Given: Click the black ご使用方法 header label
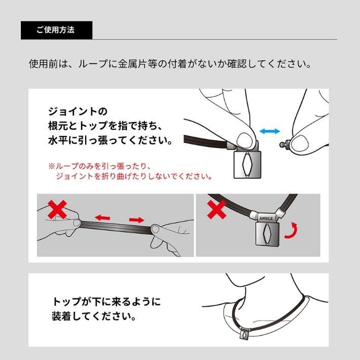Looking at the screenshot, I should pos(56,30).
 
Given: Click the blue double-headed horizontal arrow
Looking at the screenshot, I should pos(270,131).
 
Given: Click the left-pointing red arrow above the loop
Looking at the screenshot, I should pos(103,218).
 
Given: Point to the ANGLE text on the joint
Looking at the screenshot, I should pos(266,218).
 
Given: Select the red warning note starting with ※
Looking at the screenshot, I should pos(130,171).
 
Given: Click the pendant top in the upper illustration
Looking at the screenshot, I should pos(246,164).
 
